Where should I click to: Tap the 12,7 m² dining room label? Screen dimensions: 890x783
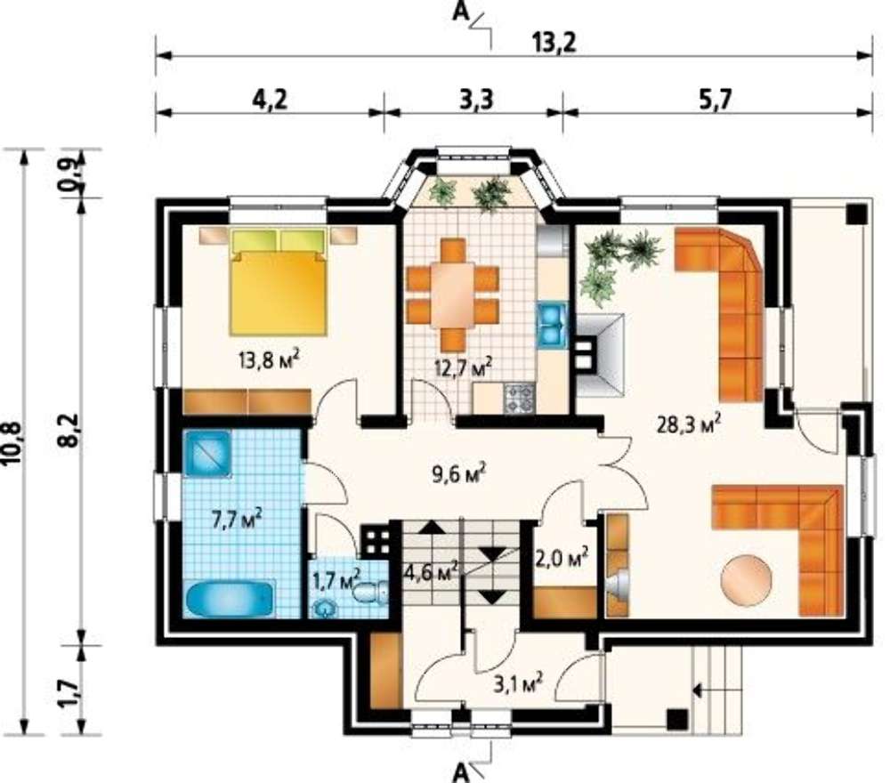(463, 367)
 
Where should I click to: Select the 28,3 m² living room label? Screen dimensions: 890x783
(689, 424)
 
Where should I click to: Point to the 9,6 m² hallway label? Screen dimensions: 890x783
(458, 472)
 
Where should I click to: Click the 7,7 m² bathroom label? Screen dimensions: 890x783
(237, 519)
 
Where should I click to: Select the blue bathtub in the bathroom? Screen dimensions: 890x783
(231, 599)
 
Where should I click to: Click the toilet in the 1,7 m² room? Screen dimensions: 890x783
(371, 593)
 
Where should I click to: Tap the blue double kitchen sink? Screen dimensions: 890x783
(552, 325)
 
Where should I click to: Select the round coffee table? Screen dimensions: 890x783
(746, 582)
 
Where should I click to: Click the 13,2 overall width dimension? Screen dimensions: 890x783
(554, 43)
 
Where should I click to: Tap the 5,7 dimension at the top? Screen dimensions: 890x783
(716, 100)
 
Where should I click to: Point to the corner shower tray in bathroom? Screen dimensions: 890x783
(207, 454)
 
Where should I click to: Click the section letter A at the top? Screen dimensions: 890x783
(460, 12)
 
